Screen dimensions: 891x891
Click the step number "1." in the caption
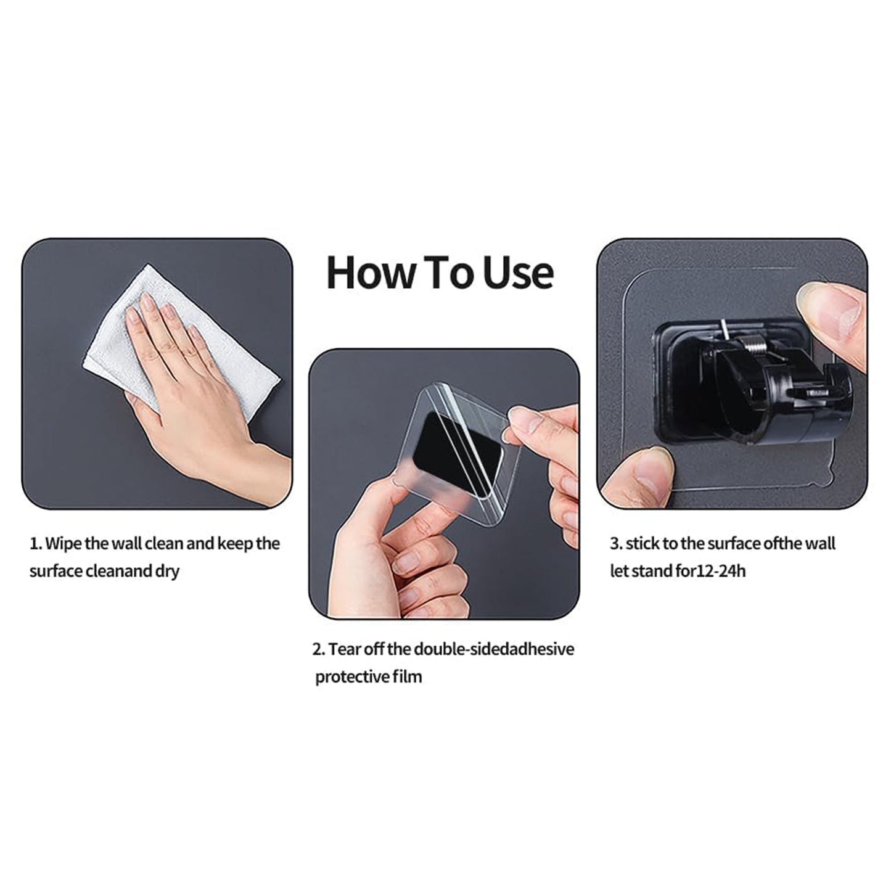36,544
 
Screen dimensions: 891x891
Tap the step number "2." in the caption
319,650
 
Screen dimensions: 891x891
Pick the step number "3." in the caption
617,544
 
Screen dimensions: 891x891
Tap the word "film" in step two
407,677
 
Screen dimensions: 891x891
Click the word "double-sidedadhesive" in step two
494,649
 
